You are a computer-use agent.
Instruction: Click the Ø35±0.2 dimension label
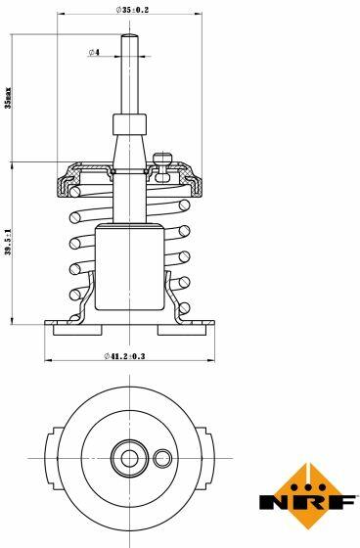[x=132, y=10]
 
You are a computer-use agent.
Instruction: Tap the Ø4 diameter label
[x=94, y=53]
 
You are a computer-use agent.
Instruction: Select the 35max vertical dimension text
[x=8, y=98]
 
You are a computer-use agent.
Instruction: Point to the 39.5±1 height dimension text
[x=8, y=243]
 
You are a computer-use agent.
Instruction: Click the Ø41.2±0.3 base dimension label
[x=124, y=356]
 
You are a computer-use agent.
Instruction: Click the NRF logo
[x=307, y=496]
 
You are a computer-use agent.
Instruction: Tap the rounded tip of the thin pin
[x=129, y=35]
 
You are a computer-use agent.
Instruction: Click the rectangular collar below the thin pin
[x=129, y=125]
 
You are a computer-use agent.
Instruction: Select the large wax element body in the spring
[x=130, y=267]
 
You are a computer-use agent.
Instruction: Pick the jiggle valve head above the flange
[x=162, y=159]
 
